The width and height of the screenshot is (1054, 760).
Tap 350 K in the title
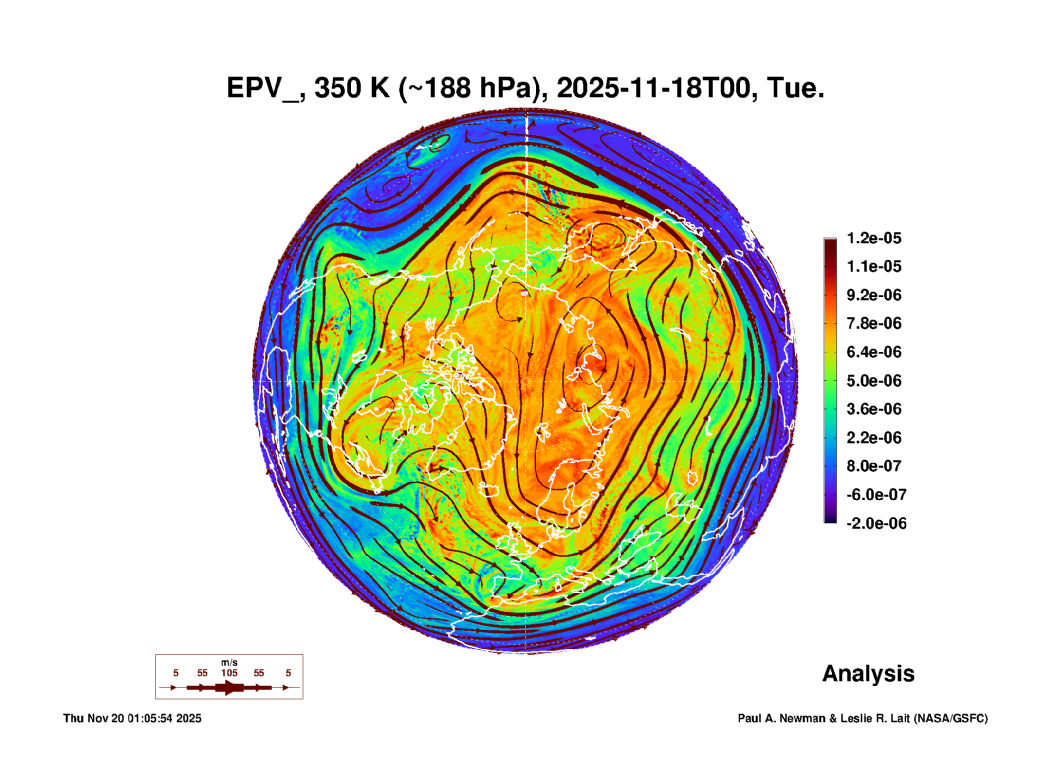tap(352, 88)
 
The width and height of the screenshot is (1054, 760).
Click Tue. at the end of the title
tap(795, 88)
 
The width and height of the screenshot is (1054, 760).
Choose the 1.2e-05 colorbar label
tap(874, 238)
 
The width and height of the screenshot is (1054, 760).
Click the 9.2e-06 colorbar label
tap(874, 295)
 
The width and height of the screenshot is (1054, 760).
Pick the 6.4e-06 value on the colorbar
tap(874, 352)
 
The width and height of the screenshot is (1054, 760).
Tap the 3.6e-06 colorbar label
tap(874, 409)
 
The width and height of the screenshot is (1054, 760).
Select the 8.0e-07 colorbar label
tap(874, 466)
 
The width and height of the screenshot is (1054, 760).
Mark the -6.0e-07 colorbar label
tap(876, 495)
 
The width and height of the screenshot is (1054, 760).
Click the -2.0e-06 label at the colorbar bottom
tap(876, 523)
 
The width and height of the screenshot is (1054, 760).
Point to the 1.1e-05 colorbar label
tap(874, 266)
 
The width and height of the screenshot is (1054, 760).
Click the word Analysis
tap(868, 673)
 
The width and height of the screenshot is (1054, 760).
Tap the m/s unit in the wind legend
tap(229, 663)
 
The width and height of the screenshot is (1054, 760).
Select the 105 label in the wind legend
tap(229, 673)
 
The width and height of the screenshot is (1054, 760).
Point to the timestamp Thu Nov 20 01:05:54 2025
tap(132, 718)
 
